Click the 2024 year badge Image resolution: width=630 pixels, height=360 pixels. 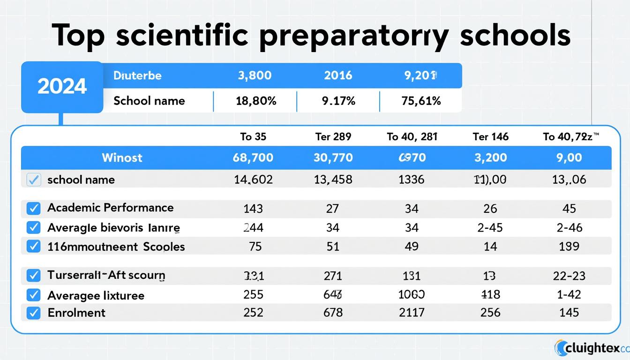coord(62,87)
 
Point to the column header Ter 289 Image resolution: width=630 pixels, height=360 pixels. coord(333,136)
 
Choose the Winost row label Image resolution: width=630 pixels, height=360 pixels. coord(122,157)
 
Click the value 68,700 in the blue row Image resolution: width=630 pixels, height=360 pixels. coord(253,157)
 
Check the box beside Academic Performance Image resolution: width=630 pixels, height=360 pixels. coord(33,209)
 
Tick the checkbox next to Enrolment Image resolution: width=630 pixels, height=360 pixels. coord(33,313)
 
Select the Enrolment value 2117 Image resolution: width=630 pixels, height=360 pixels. coord(412,313)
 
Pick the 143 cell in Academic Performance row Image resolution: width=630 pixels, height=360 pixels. coord(253,209)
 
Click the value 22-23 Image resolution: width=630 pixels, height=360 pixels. coord(569,276)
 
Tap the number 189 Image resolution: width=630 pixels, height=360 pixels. coord(569,246)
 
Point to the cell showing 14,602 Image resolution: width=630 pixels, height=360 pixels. coord(253,180)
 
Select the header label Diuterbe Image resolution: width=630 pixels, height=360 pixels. coord(137,75)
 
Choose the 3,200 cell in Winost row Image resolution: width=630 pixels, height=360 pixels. coord(490,157)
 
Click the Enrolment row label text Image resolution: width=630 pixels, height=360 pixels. coord(76,313)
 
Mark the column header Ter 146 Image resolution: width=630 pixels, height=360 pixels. coord(490,136)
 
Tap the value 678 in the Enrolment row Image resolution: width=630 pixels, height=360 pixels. coord(333,313)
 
